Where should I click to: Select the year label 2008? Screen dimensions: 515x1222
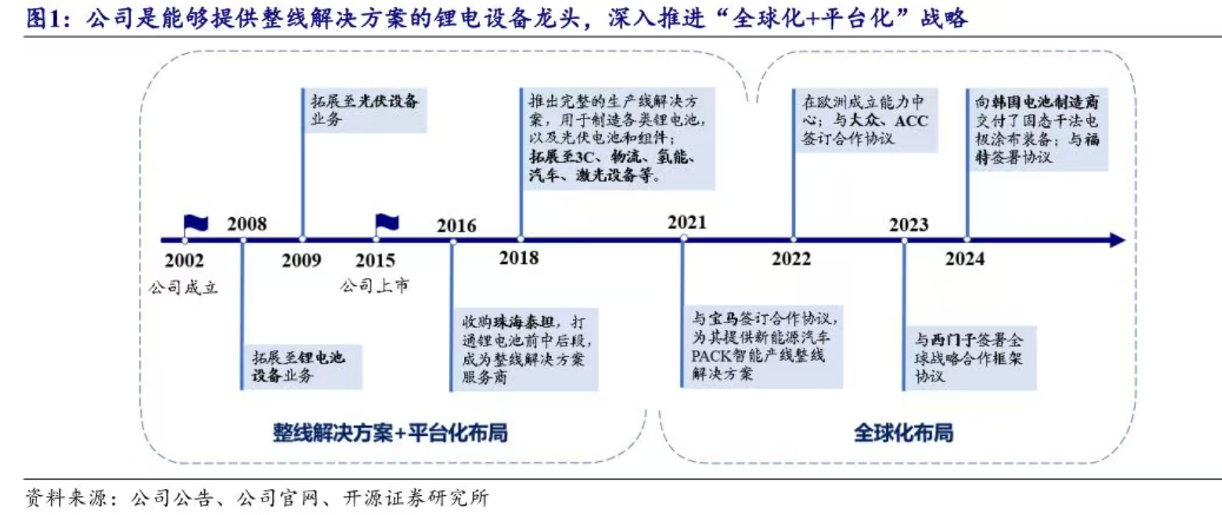[247, 224]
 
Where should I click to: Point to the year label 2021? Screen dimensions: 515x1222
[686, 223]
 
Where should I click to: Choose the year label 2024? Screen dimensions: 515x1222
[965, 259]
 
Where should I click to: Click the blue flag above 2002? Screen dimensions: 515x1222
[195, 224]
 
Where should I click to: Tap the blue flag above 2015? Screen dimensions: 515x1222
[387, 224]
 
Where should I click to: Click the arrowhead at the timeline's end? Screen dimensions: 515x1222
[1116, 239]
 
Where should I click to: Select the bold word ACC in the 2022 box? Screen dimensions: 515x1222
[915, 120]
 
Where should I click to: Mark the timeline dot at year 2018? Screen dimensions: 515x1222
[520, 239]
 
